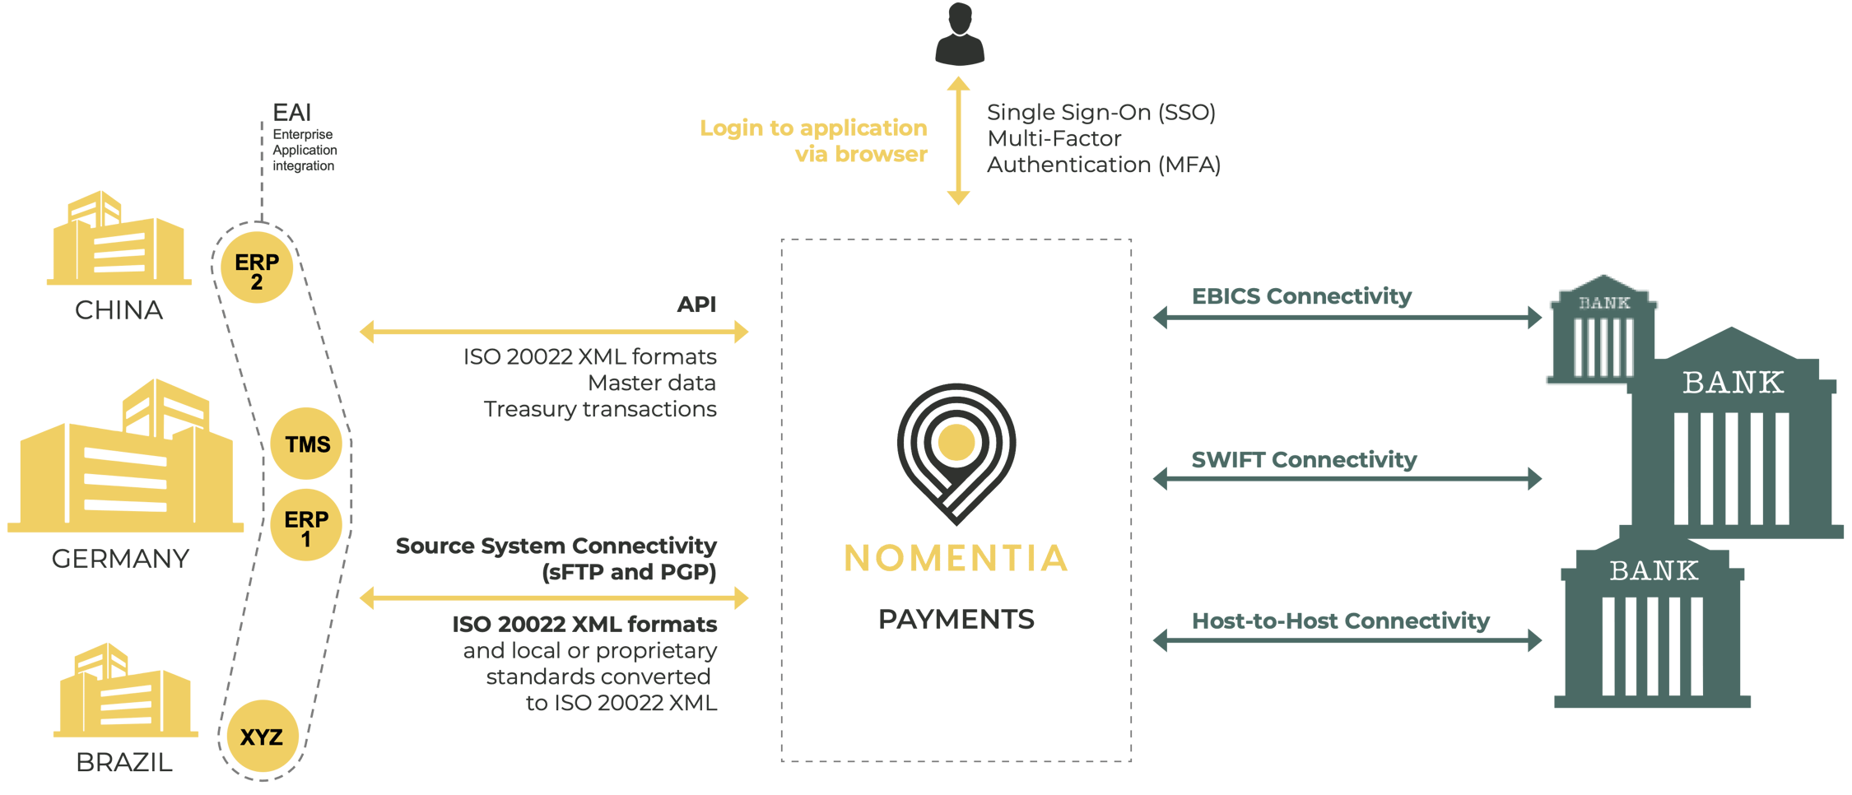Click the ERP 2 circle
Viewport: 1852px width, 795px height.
point(257,268)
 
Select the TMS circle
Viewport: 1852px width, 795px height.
point(307,444)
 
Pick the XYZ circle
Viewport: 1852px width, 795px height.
point(262,737)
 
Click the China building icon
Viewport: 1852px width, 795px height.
point(119,240)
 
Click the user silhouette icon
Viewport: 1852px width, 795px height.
point(959,35)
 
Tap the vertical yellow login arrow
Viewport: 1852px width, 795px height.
point(958,141)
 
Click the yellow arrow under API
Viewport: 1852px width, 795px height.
point(554,332)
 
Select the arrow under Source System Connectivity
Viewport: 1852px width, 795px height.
point(554,597)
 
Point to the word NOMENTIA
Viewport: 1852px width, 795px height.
point(956,558)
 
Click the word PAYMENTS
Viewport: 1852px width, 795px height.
point(956,619)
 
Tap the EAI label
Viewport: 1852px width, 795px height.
point(292,113)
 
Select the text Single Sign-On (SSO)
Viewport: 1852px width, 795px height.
point(1101,112)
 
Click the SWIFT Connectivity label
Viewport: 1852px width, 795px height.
point(1305,459)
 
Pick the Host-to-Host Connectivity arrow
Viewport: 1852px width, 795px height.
point(1347,639)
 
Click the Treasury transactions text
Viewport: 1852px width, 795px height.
point(600,409)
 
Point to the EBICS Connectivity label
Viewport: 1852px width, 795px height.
point(1302,296)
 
